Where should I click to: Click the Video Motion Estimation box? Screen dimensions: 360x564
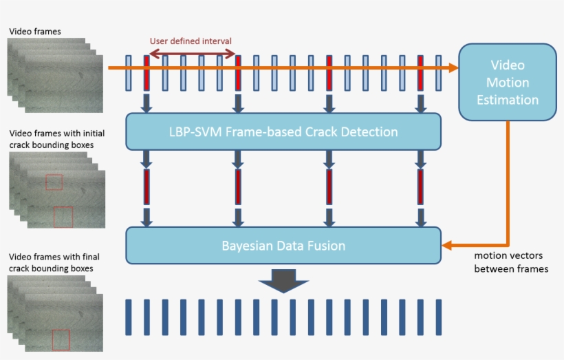508,82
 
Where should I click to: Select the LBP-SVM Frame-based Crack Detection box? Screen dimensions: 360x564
283,131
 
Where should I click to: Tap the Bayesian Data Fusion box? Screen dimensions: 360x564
283,245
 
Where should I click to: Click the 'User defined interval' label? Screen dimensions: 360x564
191,41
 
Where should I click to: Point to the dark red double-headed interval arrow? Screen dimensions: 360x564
193,52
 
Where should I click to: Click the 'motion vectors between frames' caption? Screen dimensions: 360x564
511,262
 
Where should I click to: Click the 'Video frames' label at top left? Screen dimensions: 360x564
34,31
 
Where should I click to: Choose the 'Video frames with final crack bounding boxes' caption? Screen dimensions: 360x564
50,263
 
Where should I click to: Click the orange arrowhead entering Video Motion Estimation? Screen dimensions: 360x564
452,67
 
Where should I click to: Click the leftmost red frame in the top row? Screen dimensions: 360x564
147,73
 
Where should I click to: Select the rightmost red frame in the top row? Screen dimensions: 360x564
420,73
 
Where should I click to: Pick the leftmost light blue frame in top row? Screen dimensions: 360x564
129,73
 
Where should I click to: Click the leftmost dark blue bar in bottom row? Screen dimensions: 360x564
129,317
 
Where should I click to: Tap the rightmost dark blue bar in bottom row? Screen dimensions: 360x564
438,317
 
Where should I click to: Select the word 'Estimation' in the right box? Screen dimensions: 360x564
508,100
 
